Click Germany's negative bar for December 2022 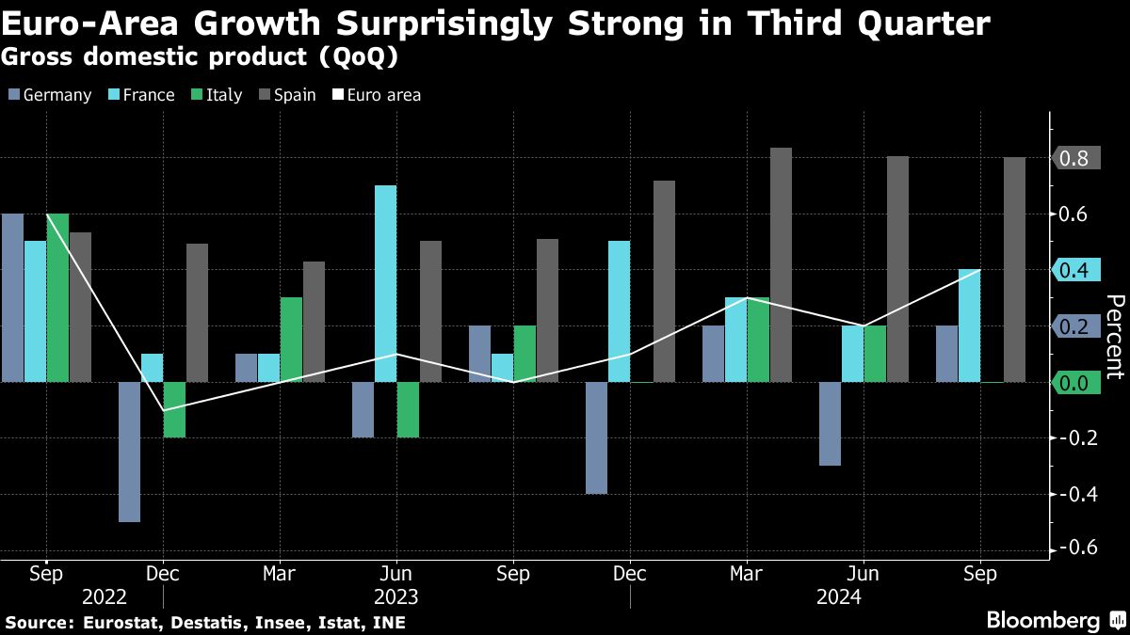pos(129,452)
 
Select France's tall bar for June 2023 pos(385,283)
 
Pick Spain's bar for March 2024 pos(781,264)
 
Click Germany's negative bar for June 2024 pos(830,423)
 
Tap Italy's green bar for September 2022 pos(58,297)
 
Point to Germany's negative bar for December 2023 pos(596,437)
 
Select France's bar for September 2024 pos(969,325)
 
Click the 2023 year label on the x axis pos(396,596)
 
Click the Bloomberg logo pos(1042,621)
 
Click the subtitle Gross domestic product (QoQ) pos(199,57)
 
